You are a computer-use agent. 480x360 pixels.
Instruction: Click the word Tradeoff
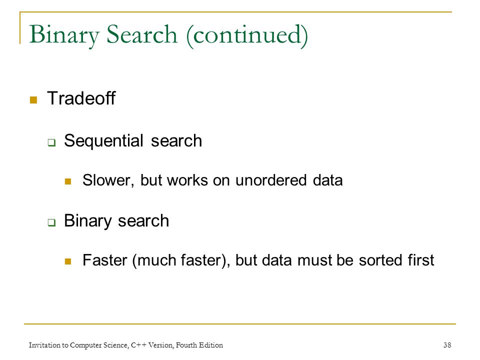coord(81,98)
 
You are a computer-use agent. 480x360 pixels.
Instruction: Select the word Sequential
coord(103,141)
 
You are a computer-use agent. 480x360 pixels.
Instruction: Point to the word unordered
coord(271,179)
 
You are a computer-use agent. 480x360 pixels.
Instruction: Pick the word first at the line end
coord(421,260)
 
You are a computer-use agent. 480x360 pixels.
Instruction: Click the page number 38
coord(447,345)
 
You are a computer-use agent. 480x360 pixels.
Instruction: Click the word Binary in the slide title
coord(64,35)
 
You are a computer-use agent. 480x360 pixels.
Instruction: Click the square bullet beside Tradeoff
coord(33,100)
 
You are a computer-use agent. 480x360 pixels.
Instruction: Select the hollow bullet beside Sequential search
coord(51,142)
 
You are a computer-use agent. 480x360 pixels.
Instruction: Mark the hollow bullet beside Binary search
coord(51,222)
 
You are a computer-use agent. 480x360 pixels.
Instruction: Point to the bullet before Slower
coord(68,181)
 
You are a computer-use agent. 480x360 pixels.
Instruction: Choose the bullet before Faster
coord(68,261)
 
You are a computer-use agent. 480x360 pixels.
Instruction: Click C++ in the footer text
coord(138,345)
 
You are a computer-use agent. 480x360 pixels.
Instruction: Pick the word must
coord(314,260)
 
